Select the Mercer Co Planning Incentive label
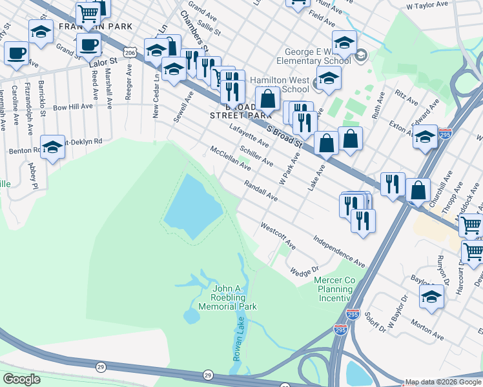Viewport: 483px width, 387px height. pos(334,289)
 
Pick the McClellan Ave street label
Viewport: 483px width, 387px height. pos(230,158)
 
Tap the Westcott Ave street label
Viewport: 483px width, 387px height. pos(278,236)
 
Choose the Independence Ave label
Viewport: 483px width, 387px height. pos(339,251)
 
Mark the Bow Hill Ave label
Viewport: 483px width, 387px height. pos(73,106)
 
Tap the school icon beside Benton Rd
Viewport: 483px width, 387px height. pos(53,146)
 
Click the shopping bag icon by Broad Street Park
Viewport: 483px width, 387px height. pos(267,100)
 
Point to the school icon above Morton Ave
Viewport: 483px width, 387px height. pos(431,296)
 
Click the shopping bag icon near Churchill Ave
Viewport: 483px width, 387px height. pos(418,190)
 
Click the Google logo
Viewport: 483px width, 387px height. pos(21,379)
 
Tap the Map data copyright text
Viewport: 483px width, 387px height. pos(443,382)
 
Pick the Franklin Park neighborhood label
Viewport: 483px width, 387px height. pos(96,26)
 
